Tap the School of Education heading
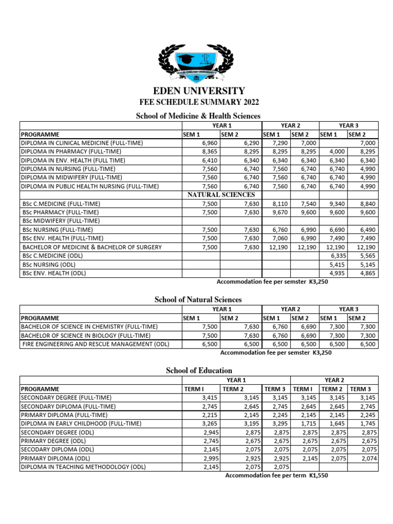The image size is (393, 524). tap(199, 370)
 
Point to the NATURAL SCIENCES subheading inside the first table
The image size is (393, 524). tap(221, 194)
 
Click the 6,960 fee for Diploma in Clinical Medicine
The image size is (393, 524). tap(210, 143)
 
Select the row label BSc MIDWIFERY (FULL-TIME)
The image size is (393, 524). tap(61, 221)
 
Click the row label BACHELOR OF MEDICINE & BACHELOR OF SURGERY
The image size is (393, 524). tap(92, 247)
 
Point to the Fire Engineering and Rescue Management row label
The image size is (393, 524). tap(96, 344)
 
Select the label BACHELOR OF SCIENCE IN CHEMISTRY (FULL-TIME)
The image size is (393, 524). tap(89, 326)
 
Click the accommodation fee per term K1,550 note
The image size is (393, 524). tap(277, 475)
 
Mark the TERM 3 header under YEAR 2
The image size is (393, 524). tap(361, 389)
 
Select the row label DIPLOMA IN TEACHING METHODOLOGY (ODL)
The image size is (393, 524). tap(83, 467)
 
